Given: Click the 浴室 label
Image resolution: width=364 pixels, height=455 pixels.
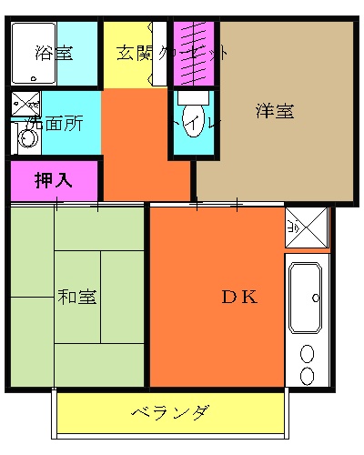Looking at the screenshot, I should pyautogui.click(x=54, y=52).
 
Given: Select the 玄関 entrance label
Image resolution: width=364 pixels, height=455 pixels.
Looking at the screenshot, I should pyautogui.click(x=133, y=52).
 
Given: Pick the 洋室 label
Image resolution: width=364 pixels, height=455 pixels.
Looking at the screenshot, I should pyautogui.click(x=275, y=112).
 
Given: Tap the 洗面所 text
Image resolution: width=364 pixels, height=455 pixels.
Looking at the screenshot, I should pyautogui.click(x=56, y=123).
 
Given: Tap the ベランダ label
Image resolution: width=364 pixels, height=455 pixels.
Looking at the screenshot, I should pyautogui.click(x=171, y=414).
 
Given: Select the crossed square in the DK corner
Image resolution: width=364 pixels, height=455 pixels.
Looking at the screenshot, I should pyautogui.click(x=306, y=227).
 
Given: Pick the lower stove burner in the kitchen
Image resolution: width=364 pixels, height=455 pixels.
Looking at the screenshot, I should pyautogui.click(x=307, y=375).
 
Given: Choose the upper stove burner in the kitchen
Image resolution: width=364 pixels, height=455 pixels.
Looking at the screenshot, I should pyautogui.click(x=307, y=353).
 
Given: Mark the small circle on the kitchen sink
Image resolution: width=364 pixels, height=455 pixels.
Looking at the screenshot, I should pyautogui.click(x=315, y=298).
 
